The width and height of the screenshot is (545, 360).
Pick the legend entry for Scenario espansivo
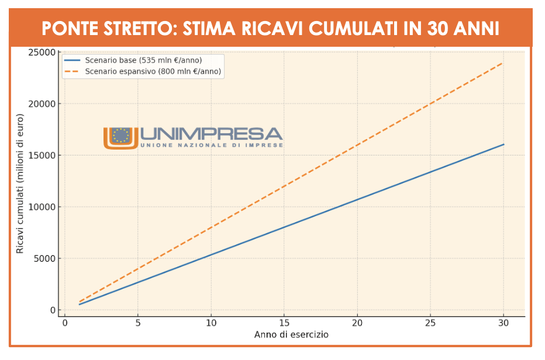point(153,71)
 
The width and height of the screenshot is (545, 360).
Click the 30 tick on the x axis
point(503,323)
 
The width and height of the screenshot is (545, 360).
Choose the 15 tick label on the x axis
point(284,323)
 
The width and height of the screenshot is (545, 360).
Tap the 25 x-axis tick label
point(430,323)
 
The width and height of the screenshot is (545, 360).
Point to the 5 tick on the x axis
point(138,323)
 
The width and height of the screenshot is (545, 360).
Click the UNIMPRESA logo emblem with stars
point(120,137)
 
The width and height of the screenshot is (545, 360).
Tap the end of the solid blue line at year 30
point(503,144)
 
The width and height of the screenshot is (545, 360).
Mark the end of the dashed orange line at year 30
point(503,63)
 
